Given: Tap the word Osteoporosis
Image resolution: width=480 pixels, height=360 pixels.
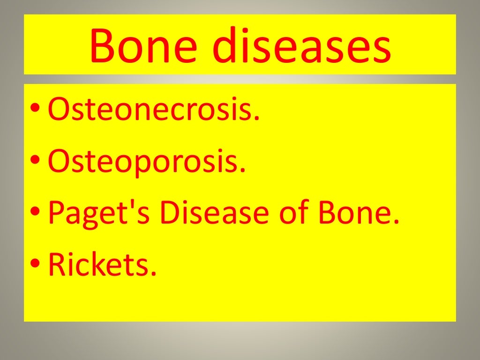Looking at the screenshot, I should [x=147, y=161].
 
